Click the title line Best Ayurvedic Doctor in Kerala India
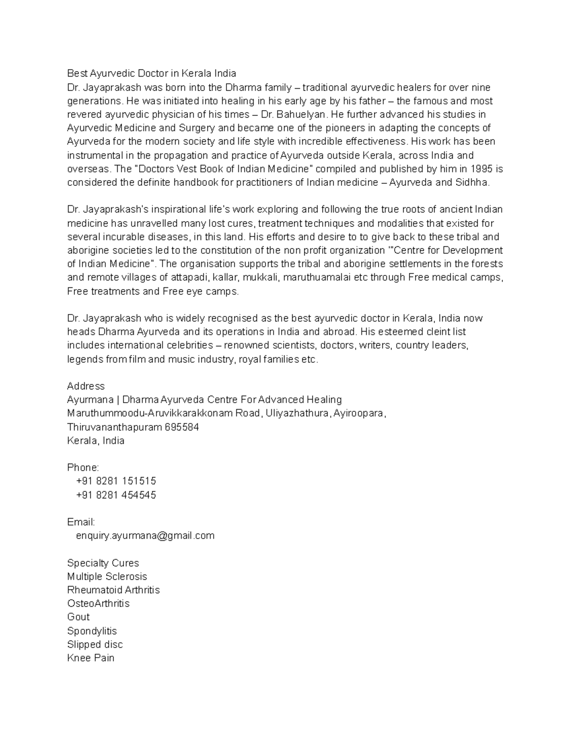point(151,73)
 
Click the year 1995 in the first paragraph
point(481,169)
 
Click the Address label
point(86,386)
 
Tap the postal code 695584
point(182,427)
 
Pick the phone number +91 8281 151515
point(116,481)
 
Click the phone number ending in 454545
point(116,495)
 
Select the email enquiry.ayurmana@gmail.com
point(145,536)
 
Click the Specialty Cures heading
point(103,563)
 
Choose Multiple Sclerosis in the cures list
point(107,577)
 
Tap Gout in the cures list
point(78,617)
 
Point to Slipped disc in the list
point(95,644)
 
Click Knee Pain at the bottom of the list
point(91,658)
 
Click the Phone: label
point(83,467)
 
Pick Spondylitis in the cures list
point(92,631)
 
